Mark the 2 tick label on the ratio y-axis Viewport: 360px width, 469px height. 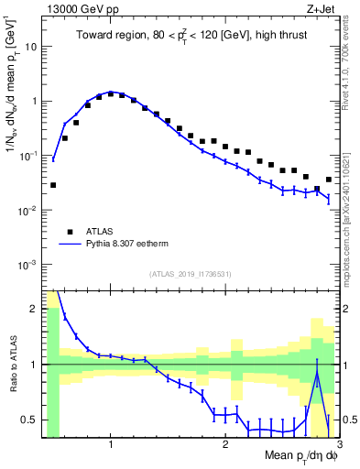pyautogui.click(x=33, y=309)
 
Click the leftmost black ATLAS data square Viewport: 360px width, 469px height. pyautogui.click(x=53, y=185)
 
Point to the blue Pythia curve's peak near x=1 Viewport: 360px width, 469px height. pyautogui.click(x=110, y=92)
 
